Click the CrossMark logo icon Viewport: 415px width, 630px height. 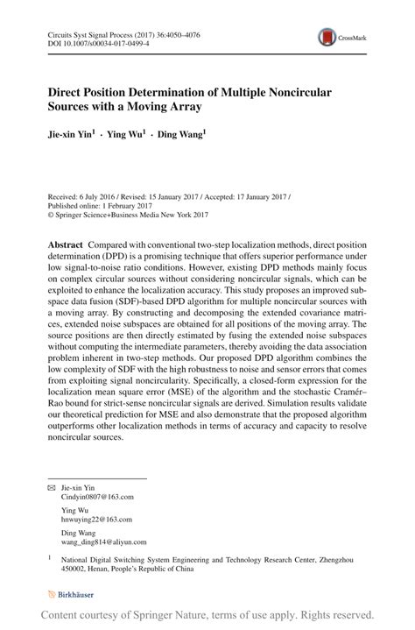[328, 38]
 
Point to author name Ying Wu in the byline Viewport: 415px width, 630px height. [126, 136]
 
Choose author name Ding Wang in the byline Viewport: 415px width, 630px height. [181, 136]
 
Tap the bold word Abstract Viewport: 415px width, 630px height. [66, 241]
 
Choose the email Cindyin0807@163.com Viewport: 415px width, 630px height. [97, 496]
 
